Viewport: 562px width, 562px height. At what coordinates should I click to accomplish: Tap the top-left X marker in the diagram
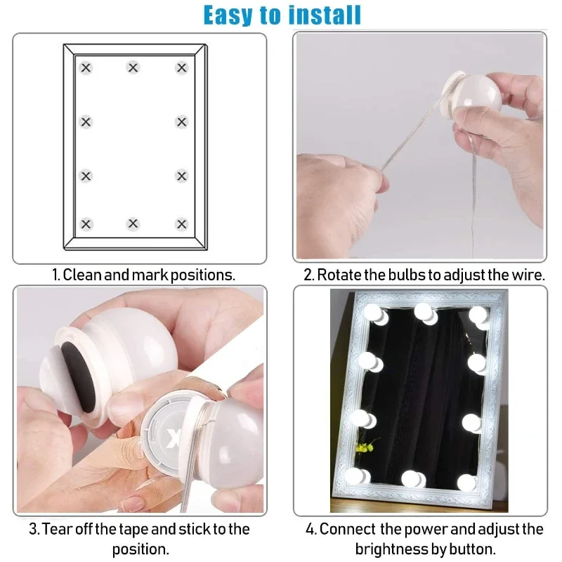point(86,68)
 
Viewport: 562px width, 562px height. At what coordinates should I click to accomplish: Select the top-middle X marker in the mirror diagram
point(133,68)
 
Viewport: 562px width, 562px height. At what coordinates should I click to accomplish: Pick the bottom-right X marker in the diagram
point(182,224)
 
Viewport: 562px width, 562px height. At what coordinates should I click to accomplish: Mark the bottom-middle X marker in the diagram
point(133,224)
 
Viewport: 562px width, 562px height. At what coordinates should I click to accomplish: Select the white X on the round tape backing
point(175,439)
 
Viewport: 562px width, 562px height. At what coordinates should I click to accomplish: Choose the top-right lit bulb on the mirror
point(479,315)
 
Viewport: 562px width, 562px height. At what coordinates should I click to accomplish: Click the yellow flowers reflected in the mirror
point(363,447)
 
